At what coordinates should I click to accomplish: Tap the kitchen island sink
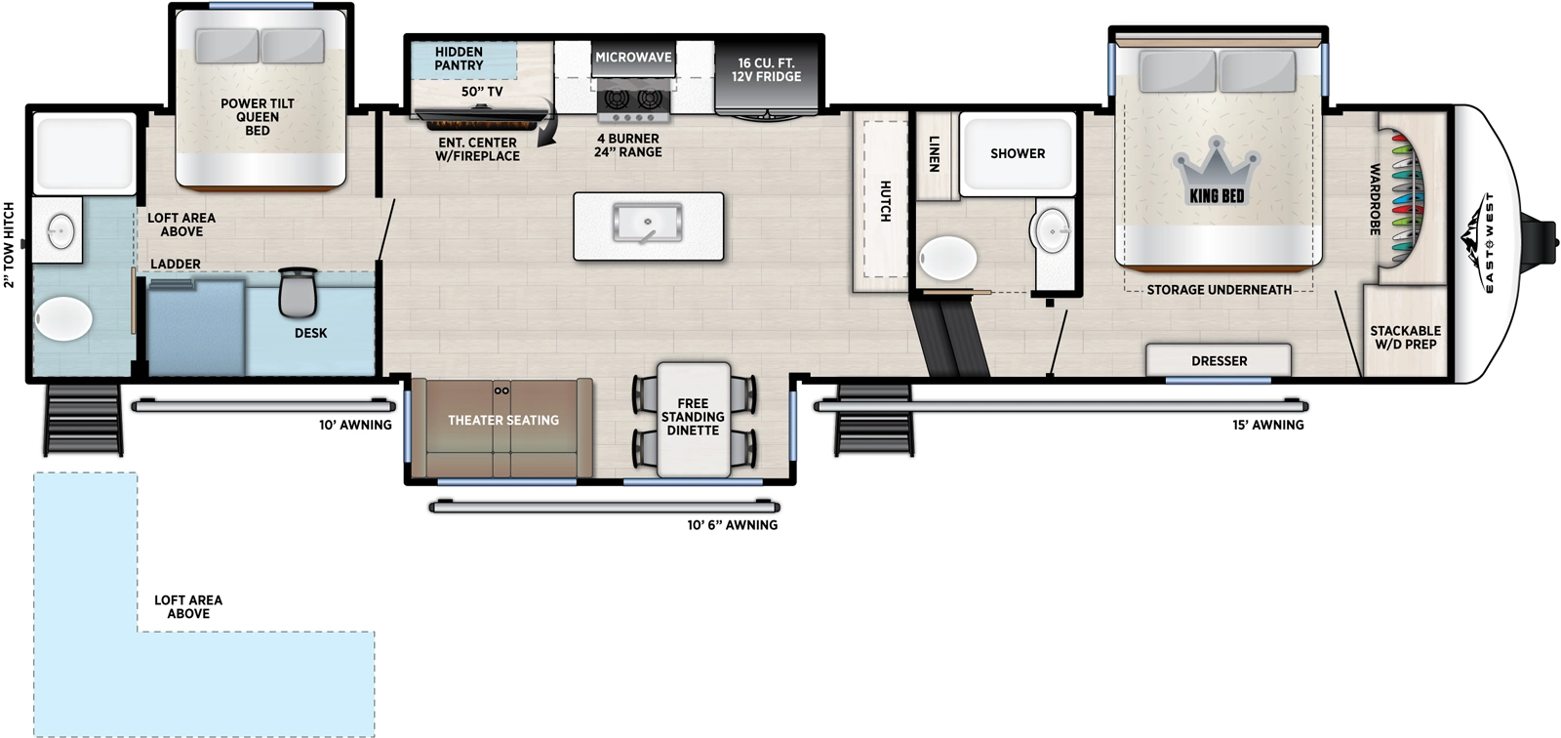647,224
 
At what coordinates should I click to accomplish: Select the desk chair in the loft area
298,290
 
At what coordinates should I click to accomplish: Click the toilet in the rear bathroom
63,319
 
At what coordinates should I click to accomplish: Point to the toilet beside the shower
947,260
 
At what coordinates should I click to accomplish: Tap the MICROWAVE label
633,58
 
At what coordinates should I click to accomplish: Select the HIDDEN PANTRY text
459,59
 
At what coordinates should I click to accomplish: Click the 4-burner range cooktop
631,99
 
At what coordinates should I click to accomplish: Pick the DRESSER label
1219,361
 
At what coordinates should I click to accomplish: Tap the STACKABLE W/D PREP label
1405,337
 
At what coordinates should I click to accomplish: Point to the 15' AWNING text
1267,425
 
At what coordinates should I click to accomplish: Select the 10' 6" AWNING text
732,525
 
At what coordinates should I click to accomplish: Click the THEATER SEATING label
503,421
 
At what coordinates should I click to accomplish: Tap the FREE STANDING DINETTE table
693,418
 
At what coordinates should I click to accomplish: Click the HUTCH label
886,201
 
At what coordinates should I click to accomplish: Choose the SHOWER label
1018,153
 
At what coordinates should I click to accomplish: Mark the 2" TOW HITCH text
10,245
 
